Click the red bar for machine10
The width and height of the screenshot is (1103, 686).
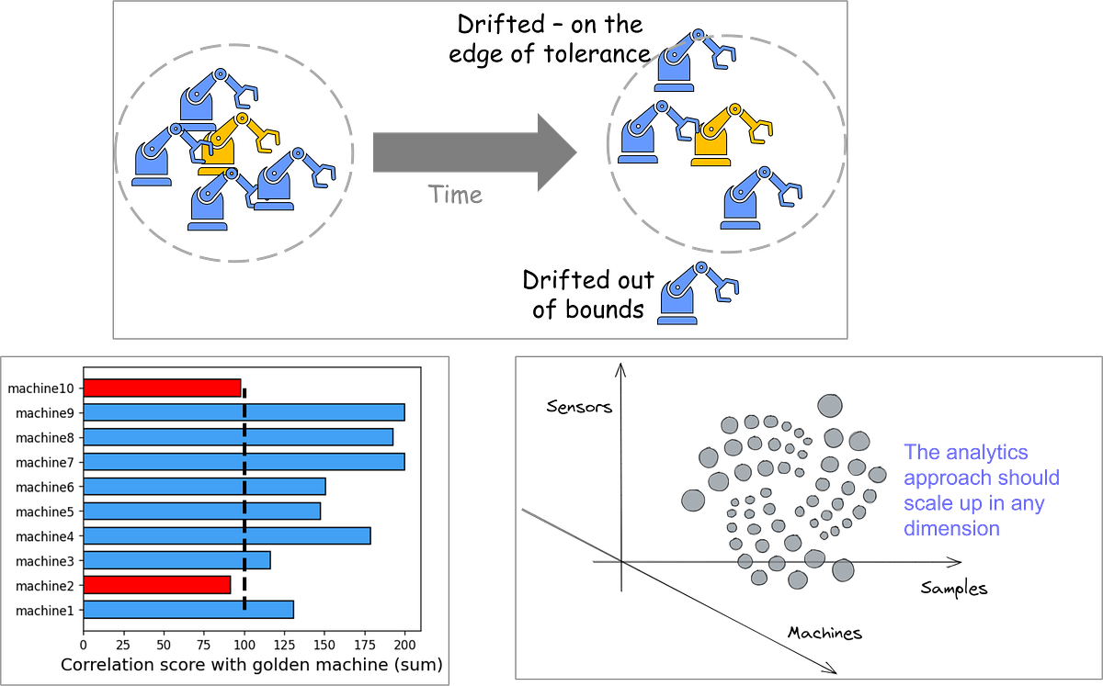point(162,388)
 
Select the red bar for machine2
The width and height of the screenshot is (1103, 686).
point(157,585)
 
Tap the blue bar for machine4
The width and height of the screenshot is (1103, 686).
point(227,535)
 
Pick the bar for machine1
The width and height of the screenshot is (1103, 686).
point(188,610)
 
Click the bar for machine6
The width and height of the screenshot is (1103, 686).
point(204,486)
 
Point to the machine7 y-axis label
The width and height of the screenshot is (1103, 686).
point(43,462)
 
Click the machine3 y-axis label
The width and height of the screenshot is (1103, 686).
point(43,560)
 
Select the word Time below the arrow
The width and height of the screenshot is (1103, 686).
point(456,196)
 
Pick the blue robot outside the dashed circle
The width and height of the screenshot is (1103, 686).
point(696,294)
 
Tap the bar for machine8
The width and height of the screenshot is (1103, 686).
point(238,437)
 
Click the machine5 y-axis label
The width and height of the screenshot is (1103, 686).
point(43,512)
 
